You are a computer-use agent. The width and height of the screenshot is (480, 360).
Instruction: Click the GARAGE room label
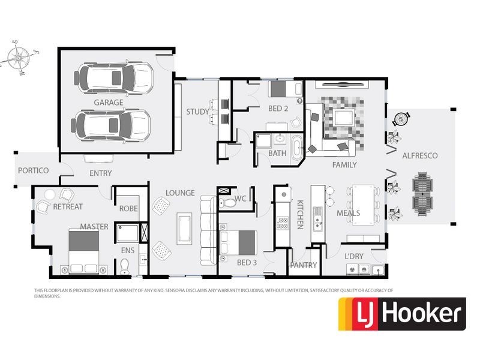(109, 103)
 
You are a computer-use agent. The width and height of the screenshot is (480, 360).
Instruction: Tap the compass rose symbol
(19, 57)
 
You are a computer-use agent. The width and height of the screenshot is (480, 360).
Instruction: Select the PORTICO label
(34, 170)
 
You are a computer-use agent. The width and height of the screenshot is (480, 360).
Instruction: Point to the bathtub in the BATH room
(296, 148)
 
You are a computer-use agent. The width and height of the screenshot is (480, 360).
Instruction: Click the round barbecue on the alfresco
(400, 119)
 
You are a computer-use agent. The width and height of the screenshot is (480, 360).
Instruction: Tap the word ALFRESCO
(419, 156)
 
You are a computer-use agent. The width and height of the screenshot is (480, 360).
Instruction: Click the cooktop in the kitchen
(282, 223)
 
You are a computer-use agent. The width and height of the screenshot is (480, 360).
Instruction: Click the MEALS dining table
(364, 205)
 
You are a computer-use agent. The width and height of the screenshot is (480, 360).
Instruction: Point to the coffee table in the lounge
(185, 229)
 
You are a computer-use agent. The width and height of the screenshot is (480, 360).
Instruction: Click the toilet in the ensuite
(124, 266)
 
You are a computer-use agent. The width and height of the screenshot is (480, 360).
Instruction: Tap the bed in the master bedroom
(83, 250)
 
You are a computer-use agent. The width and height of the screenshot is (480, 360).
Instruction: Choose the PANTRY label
(304, 265)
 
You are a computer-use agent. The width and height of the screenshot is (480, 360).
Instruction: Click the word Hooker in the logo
(422, 314)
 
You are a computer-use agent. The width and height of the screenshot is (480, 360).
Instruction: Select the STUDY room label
(198, 112)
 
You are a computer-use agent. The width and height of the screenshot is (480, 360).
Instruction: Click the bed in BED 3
(238, 243)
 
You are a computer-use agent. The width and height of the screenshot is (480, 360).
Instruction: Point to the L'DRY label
(354, 256)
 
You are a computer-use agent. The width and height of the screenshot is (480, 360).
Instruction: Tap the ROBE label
(128, 209)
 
